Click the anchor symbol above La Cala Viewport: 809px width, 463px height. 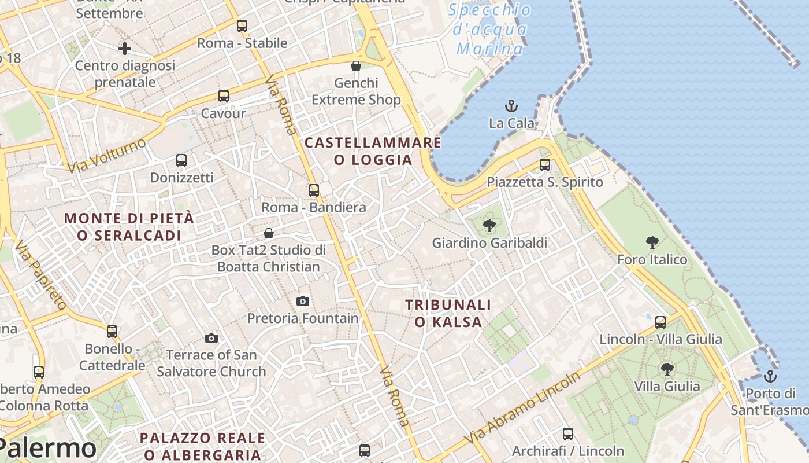(x=511, y=106)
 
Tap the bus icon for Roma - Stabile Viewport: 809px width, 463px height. (x=242, y=25)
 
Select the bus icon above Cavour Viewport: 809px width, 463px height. (x=223, y=96)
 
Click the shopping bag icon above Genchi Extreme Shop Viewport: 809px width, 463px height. (x=356, y=66)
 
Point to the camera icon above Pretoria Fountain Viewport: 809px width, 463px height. (x=302, y=301)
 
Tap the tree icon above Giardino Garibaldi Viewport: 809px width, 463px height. (x=489, y=226)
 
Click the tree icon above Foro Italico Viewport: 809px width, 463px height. (x=652, y=242)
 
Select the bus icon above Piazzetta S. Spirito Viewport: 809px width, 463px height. (x=544, y=165)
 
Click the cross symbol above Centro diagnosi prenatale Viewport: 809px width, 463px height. (x=124, y=49)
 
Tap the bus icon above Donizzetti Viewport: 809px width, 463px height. (x=181, y=160)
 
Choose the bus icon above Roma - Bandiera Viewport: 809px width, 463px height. (x=313, y=190)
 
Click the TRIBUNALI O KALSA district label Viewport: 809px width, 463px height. (x=448, y=313)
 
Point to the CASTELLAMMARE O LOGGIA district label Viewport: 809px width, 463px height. (x=373, y=151)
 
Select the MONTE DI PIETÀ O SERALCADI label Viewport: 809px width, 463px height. (x=129, y=227)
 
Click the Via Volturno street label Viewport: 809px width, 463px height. (x=106, y=155)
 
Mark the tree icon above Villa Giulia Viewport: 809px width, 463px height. (x=667, y=369)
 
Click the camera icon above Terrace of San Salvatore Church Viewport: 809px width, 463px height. (x=211, y=338)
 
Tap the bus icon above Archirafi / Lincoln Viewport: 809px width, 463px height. (x=567, y=433)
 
